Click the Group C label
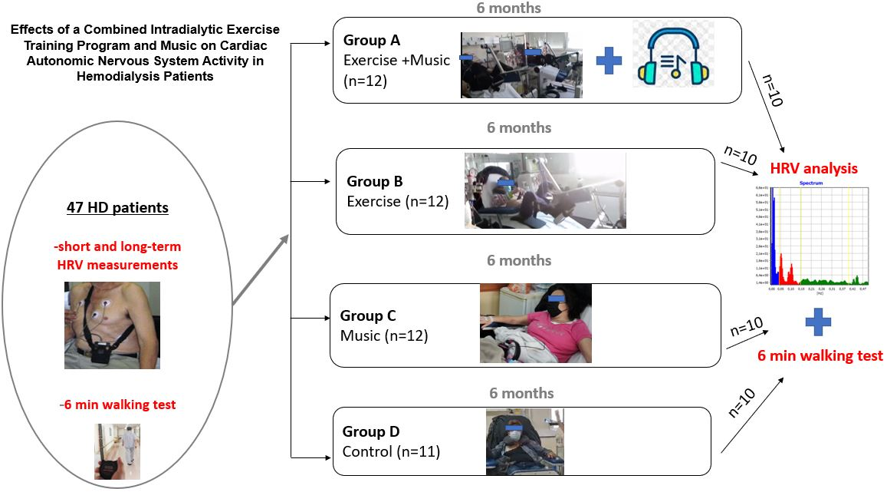(x=367, y=316)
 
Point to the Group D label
(x=372, y=432)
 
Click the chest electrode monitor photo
(x=112, y=325)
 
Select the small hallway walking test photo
(x=117, y=451)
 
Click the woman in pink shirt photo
(x=535, y=322)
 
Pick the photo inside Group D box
(x=524, y=441)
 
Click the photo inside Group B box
(x=544, y=190)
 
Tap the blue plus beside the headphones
(x=609, y=61)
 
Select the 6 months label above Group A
(x=519, y=8)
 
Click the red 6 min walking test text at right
(x=820, y=356)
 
